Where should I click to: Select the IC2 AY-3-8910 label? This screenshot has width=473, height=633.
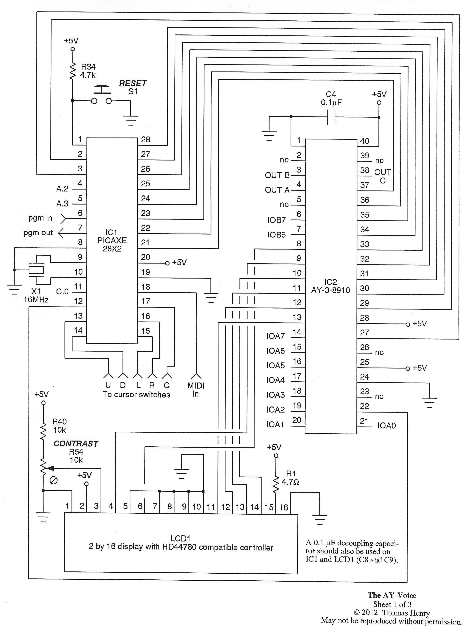[331, 286]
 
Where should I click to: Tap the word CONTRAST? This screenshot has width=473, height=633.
[76, 443]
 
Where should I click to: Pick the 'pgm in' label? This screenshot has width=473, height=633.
[40, 218]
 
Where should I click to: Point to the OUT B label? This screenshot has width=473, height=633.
[277, 175]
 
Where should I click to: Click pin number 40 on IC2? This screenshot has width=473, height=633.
[364, 141]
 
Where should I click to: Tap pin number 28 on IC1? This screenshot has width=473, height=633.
[145, 140]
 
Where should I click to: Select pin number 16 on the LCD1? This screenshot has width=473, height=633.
[283, 507]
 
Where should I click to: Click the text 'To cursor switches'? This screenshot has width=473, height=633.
[136, 395]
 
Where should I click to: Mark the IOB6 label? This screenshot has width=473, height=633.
[277, 235]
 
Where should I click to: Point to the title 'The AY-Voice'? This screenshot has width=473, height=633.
[392, 596]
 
